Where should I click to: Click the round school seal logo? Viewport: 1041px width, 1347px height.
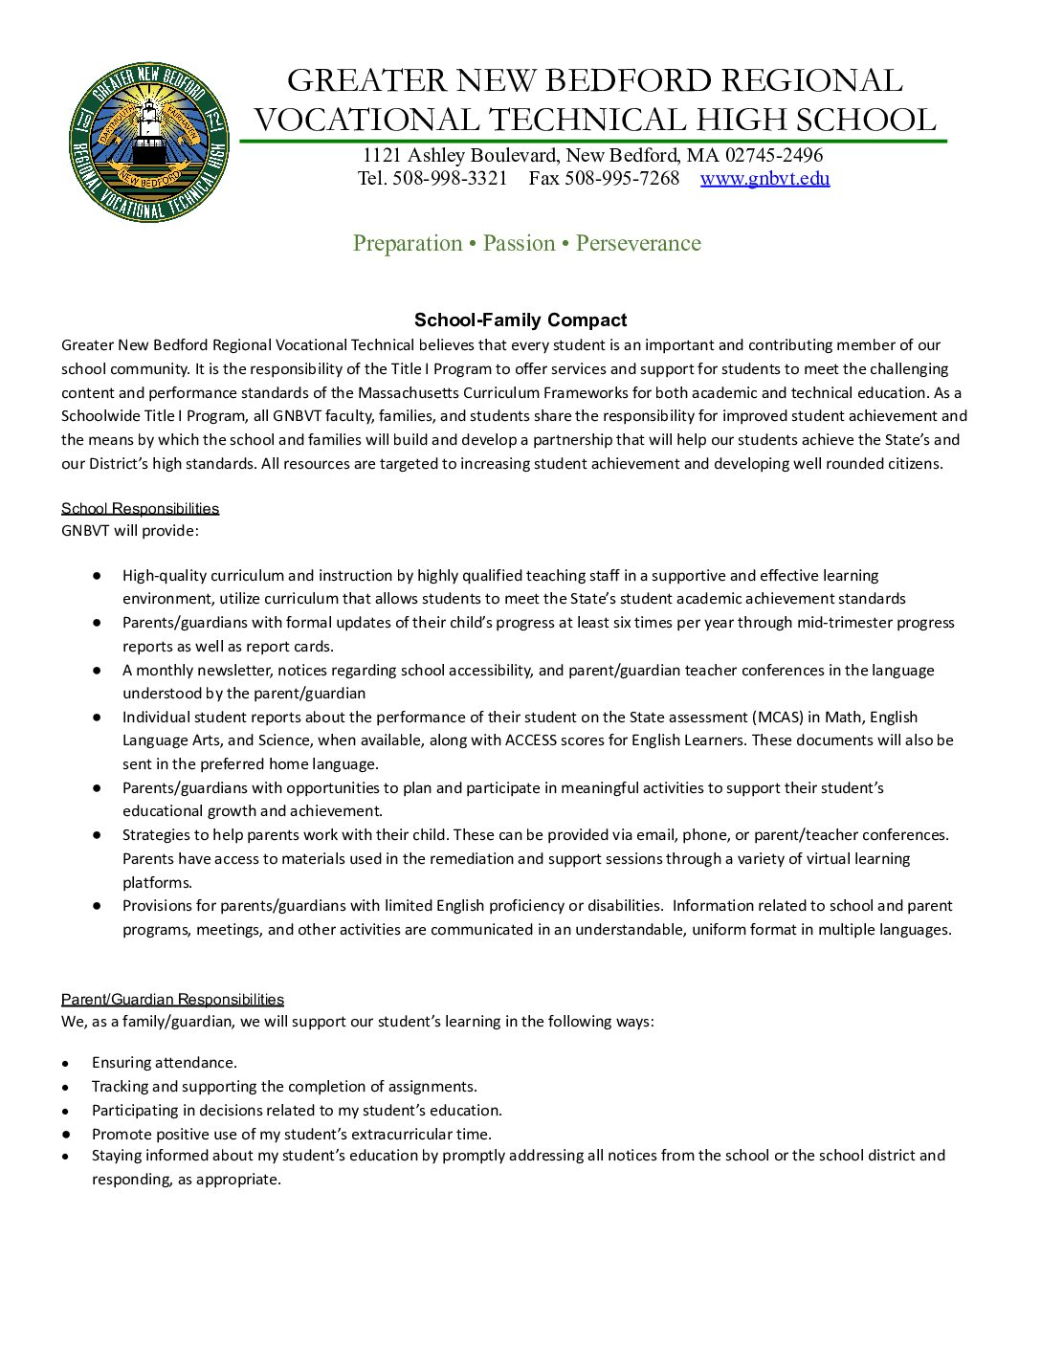(x=149, y=143)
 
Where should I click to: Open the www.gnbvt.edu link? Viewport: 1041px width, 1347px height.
(x=764, y=178)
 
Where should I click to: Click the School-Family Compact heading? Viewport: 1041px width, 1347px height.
(x=520, y=320)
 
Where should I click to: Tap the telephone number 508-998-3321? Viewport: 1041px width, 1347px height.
(x=450, y=178)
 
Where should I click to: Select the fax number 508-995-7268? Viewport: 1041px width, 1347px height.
(x=622, y=178)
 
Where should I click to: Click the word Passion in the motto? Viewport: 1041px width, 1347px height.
(x=519, y=243)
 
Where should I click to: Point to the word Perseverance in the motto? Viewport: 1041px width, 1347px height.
(x=638, y=243)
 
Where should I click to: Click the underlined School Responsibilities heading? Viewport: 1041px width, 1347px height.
(x=141, y=508)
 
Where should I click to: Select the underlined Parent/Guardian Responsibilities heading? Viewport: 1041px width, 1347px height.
(x=172, y=999)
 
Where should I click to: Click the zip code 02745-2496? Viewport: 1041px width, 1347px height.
(x=773, y=155)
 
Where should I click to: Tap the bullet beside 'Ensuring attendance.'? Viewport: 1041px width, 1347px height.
(x=65, y=1063)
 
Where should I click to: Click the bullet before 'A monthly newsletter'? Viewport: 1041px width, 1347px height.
(x=97, y=670)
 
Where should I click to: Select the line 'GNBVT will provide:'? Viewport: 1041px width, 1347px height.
(x=130, y=531)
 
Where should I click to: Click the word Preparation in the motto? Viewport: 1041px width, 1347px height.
(x=408, y=243)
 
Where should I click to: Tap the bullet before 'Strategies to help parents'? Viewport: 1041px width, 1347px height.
(x=97, y=834)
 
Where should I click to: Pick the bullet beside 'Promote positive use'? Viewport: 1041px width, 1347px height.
(x=65, y=1134)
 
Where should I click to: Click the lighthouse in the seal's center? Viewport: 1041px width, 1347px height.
(x=148, y=134)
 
